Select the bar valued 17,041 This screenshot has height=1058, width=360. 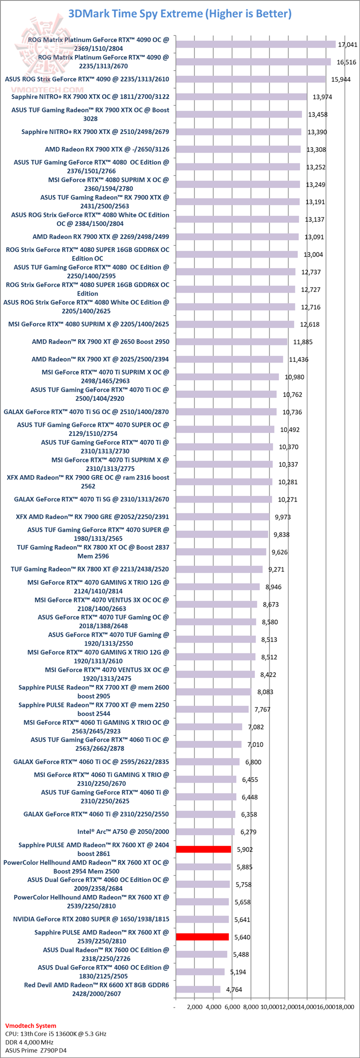(255, 44)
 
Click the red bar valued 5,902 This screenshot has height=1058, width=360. (203, 849)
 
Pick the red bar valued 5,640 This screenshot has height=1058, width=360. (202, 936)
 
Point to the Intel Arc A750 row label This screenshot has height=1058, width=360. (123, 831)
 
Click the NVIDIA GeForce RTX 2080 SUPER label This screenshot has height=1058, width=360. (91, 918)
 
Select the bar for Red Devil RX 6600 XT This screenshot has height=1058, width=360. (198, 989)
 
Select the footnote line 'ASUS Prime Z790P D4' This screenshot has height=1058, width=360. (35, 1050)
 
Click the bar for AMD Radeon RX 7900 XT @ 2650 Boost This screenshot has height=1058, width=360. (231, 341)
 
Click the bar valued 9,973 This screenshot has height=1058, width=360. (222, 516)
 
